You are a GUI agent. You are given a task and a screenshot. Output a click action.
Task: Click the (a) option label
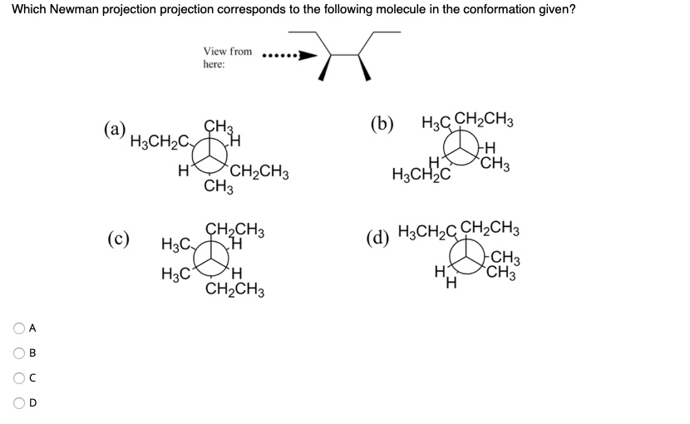tap(115, 130)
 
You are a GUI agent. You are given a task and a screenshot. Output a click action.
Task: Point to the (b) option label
tap(383, 125)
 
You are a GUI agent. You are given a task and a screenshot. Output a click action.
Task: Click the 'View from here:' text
tap(227, 57)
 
